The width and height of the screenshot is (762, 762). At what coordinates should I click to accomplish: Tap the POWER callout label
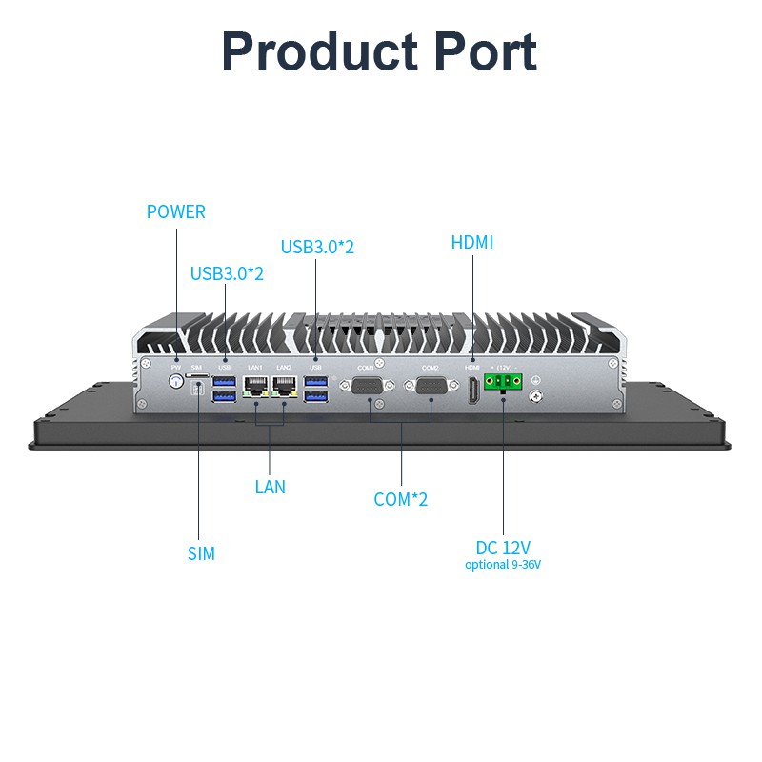tap(175, 211)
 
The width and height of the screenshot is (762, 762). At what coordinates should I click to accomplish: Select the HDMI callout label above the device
tap(472, 243)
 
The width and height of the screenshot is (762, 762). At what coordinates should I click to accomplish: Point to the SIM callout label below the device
tap(201, 553)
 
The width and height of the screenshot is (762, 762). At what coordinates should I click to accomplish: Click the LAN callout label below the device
tap(270, 487)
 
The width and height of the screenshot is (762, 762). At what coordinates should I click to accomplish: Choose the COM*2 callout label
tap(401, 499)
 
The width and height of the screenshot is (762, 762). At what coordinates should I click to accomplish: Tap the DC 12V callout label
tap(503, 548)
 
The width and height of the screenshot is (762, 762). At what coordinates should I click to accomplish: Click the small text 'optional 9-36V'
tap(503, 565)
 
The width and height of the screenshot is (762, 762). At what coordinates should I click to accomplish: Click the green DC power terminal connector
tap(503, 382)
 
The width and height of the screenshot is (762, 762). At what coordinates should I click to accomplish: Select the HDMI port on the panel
tap(471, 391)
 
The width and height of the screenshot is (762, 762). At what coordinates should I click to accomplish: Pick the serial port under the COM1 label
tap(369, 387)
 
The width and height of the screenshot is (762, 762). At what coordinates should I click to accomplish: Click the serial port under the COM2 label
tap(431, 387)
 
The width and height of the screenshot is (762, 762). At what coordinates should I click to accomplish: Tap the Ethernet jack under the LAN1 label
tap(255, 386)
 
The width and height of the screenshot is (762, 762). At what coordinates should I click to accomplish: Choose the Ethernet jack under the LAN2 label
tap(284, 386)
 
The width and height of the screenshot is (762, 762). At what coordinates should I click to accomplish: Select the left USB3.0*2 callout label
tap(227, 274)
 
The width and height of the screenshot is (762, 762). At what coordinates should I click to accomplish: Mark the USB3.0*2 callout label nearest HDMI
tap(317, 247)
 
